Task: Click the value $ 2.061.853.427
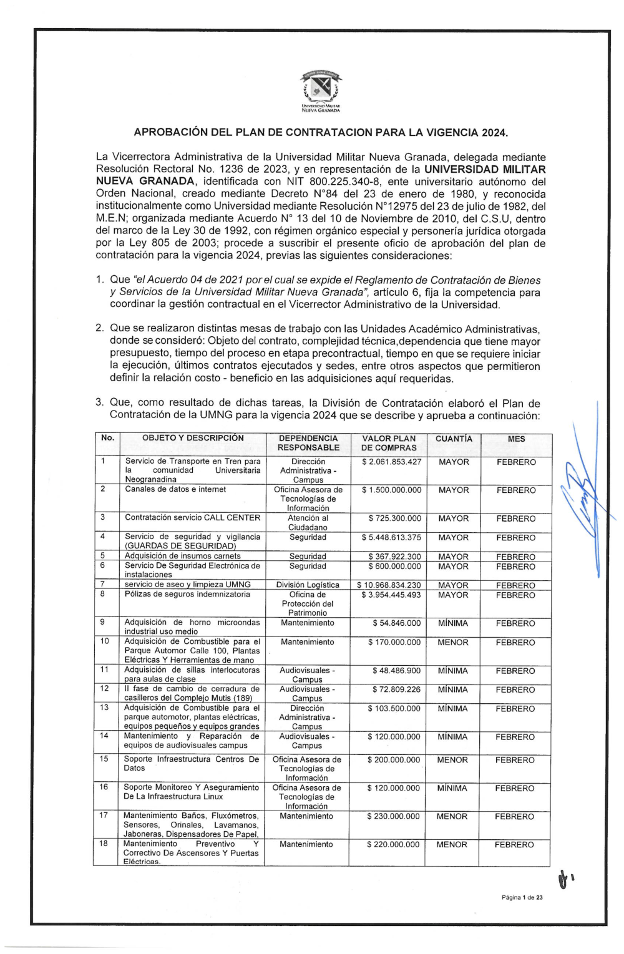pyautogui.click(x=391, y=462)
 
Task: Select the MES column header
pyautogui.click(x=516, y=439)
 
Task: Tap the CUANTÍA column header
pyautogui.click(x=454, y=439)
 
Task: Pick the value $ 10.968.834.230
pyautogui.click(x=389, y=585)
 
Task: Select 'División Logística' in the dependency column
pyautogui.click(x=308, y=585)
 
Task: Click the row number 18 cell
pyautogui.click(x=104, y=844)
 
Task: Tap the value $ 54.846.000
pyautogui.click(x=396, y=623)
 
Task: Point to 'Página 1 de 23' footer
pyautogui.click(x=522, y=898)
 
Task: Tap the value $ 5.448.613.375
pyautogui.click(x=391, y=538)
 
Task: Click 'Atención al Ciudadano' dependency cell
pyautogui.click(x=308, y=523)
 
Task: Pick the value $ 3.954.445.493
pyautogui.click(x=391, y=595)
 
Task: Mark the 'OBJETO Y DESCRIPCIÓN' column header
pyautogui.click(x=193, y=439)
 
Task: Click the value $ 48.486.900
pyautogui.click(x=396, y=671)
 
